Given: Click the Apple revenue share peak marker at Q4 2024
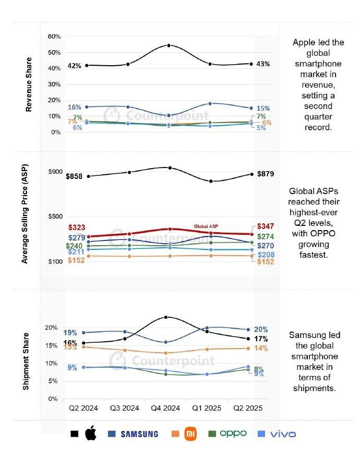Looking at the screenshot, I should pyautogui.click(x=169, y=45).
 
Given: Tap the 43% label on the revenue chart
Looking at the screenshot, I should pyautogui.click(x=263, y=64).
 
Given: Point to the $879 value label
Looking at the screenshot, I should pyautogui.click(x=265, y=174).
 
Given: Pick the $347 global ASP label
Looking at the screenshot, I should pyautogui.click(x=266, y=227).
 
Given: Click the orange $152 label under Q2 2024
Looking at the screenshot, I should pyautogui.click(x=77, y=260).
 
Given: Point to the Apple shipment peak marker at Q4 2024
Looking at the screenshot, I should pyautogui.click(x=166, y=317).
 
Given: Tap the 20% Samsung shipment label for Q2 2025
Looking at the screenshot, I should pyautogui.click(x=261, y=330).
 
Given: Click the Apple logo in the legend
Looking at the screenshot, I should pyautogui.click(x=90, y=434).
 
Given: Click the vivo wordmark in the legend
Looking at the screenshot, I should pyautogui.click(x=283, y=434).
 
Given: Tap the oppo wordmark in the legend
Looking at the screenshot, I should pyautogui.click(x=233, y=434).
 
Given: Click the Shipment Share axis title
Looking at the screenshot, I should pyautogui.click(x=26, y=361).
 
